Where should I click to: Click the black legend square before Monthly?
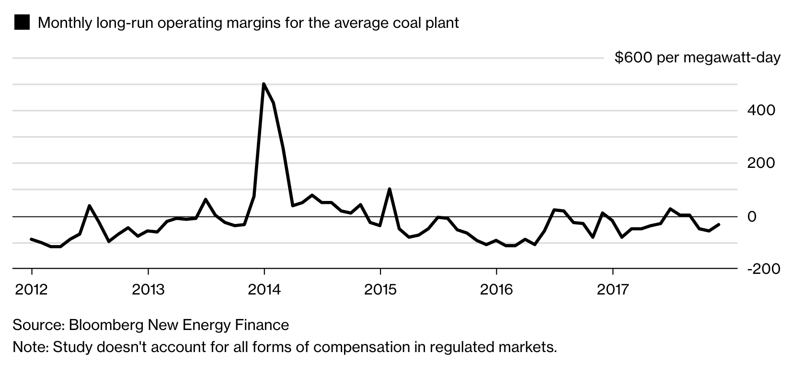pos(22,23)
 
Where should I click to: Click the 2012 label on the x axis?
pos(32,289)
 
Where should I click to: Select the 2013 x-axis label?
pos(148,289)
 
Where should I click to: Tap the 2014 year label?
pos(264,289)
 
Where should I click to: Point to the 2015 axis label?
pos(380,289)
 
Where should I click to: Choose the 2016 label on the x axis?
pos(496,289)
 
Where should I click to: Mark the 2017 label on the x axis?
pos(612,289)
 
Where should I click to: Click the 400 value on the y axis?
pos(761,110)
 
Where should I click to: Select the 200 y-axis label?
pos(761,163)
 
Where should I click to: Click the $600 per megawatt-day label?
pos(697,58)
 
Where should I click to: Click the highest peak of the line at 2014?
pos(264,84)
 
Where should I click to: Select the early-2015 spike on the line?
pos(390,189)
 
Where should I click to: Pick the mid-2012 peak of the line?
pos(90,206)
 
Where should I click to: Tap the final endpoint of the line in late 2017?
pos(718,224)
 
